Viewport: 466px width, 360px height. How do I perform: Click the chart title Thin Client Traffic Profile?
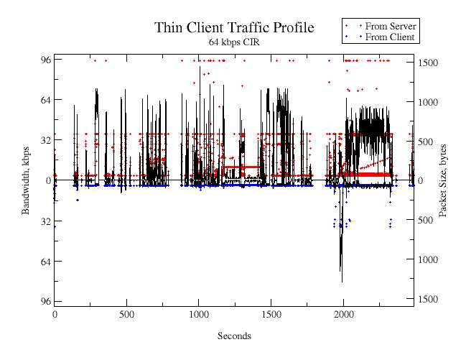(x=234, y=28)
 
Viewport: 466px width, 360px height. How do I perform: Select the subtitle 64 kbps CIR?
(x=234, y=42)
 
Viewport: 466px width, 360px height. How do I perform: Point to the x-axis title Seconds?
(x=234, y=336)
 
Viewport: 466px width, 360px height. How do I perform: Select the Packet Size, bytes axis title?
(x=442, y=180)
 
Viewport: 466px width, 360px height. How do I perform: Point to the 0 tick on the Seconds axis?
(x=55, y=314)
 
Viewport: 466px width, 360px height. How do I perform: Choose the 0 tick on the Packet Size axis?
(x=421, y=180)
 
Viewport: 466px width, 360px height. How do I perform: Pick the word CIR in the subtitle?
(x=251, y=42)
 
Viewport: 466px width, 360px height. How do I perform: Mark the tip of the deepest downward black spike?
(x=342, y=282)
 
